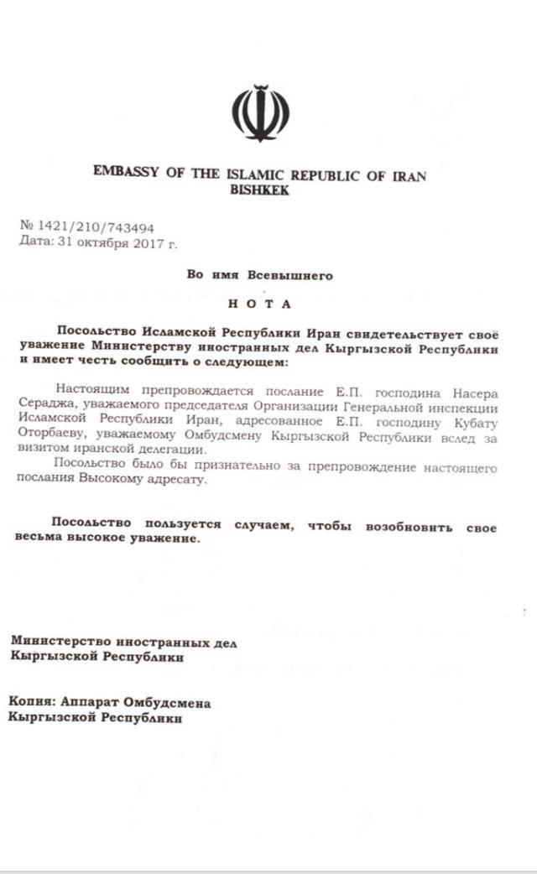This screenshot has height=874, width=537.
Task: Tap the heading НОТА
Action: coord(260,303)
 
